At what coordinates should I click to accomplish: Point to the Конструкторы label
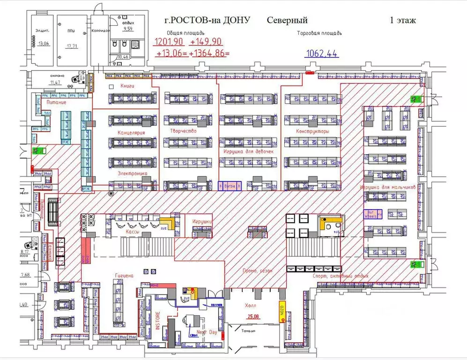312,131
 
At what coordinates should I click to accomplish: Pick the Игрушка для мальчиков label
388,187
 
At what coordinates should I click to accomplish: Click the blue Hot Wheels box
373,214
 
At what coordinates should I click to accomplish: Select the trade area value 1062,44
321,53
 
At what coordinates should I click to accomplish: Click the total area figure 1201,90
169,42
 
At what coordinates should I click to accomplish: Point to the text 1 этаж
402,20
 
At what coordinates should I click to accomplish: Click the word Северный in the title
287,20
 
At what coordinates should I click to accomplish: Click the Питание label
56,102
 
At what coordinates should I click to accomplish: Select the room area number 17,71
72,46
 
